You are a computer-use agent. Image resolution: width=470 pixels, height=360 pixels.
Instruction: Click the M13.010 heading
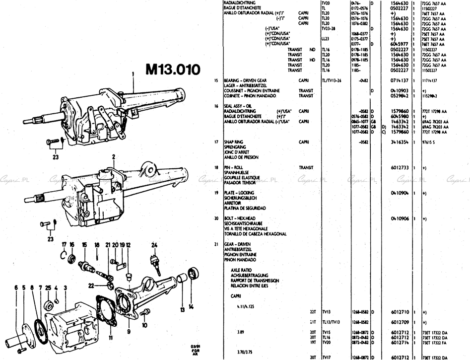point(172,69)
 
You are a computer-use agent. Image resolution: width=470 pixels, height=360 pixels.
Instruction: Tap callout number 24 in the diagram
point(154,244)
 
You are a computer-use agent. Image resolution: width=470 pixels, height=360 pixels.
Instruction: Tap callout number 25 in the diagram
point(48,288)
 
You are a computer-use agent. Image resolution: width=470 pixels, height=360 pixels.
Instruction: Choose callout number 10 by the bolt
point(145,325)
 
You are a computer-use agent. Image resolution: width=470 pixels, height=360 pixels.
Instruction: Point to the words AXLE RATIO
point(242,270)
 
